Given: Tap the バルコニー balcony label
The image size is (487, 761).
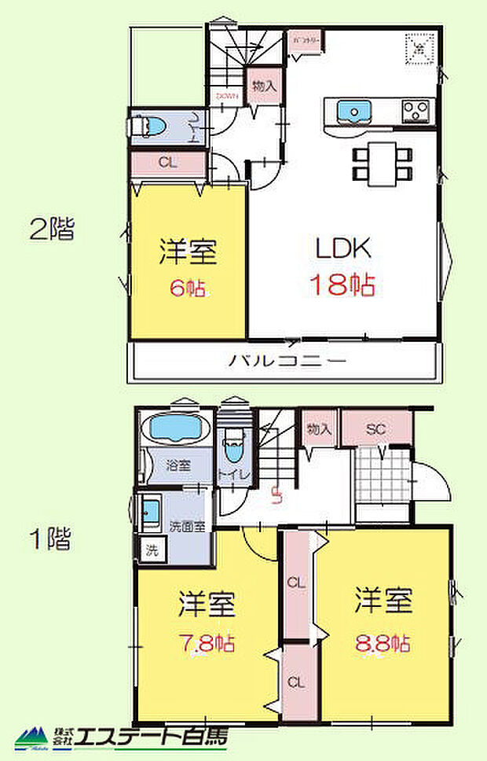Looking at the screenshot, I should point(287,361).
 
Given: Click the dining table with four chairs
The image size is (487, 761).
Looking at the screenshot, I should point(383,163).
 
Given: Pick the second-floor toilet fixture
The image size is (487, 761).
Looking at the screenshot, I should point(149,127).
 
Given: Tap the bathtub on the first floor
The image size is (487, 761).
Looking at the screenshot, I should point(175,430).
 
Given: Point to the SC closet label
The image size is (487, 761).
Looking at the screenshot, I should point(376,429).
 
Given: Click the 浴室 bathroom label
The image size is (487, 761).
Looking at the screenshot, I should point(178,464).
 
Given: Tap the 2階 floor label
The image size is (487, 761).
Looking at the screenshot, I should point(51,229).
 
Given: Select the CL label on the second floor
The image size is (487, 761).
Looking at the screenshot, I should point(166,164).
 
